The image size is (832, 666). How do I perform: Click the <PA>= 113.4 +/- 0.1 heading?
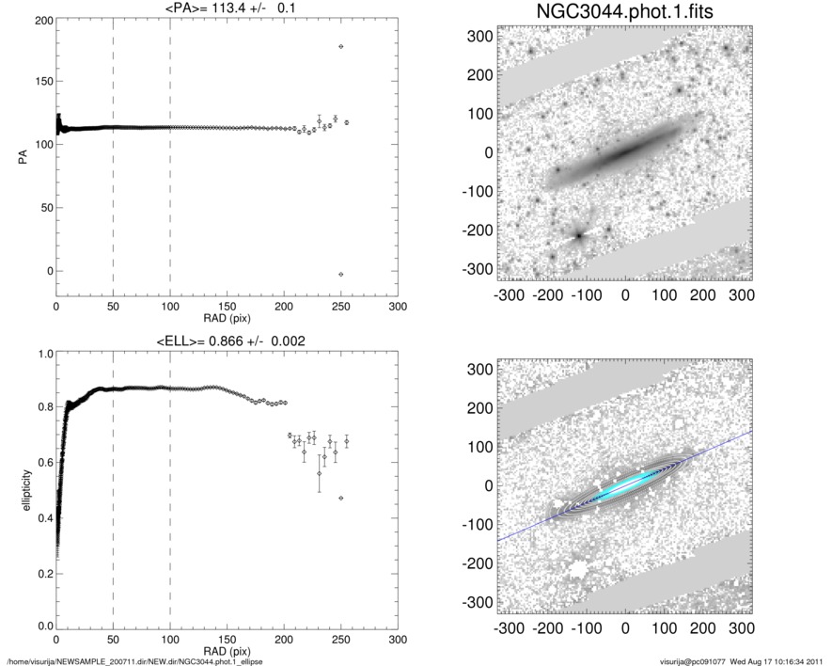click(226, 8)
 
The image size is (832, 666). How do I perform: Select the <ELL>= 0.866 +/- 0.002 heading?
click(227, 340)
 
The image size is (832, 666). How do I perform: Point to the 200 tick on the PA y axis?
click(41, 20)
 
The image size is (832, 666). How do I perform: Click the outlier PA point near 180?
click(340, 46)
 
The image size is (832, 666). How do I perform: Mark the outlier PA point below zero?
click(340, 274)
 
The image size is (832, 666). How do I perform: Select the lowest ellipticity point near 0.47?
click(340, 498)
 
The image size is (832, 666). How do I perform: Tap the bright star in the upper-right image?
click(579, 234)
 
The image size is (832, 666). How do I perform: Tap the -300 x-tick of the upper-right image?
click(509, 294)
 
